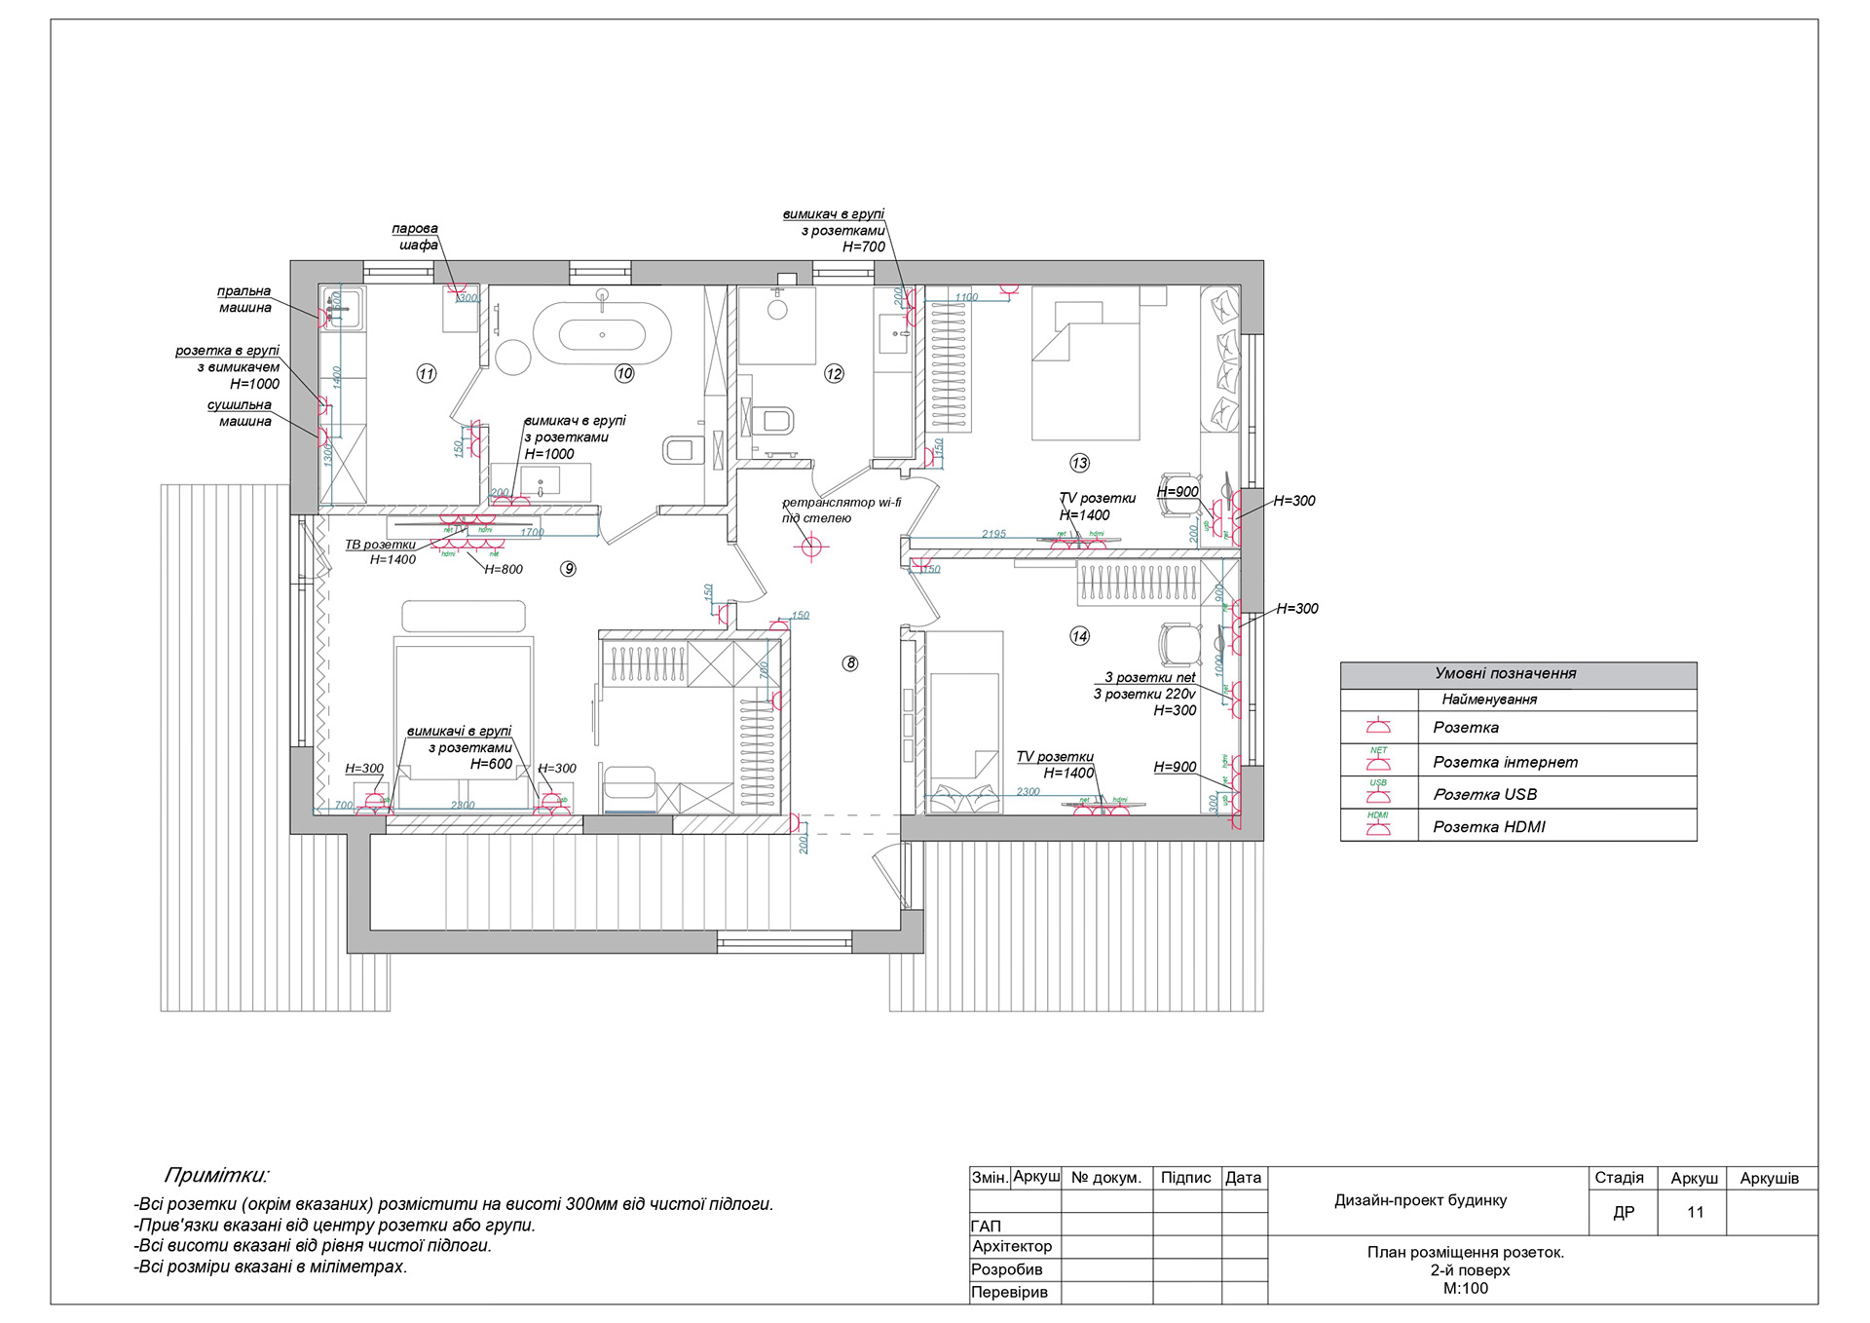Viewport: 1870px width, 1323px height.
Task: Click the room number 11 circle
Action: tap(427, 373)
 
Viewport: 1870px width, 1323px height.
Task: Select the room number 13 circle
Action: tap(1079, 463)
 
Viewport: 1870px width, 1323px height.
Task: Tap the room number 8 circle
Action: tap(850, 663)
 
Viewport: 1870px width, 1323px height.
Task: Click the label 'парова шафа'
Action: tap(416, 237)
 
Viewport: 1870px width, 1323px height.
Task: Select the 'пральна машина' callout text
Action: tap(244, 299)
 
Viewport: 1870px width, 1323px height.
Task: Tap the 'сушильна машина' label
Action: tap(240, 413)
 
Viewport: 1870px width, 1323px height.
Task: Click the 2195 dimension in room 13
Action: tap(993, 534)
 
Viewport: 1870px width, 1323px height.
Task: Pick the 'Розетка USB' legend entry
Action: tap(1484, 794)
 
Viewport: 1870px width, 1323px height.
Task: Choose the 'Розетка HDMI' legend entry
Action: tap(1488, 827)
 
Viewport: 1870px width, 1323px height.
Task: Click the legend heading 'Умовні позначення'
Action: tap(1505, 673)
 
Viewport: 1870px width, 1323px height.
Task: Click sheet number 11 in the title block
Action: tap(1696, 1212)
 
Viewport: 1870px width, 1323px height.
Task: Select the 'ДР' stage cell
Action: tap(1624, 1212)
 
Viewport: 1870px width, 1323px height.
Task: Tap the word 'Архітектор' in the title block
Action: tap(1012, 1246)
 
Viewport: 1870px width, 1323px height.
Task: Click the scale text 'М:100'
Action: tap(1465, 1288)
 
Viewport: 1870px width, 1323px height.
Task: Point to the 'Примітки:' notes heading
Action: tap(216, 1175)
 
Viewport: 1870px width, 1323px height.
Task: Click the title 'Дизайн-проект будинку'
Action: tap(1420, 1200)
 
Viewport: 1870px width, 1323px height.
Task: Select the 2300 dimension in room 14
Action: tap(1028, 792)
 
